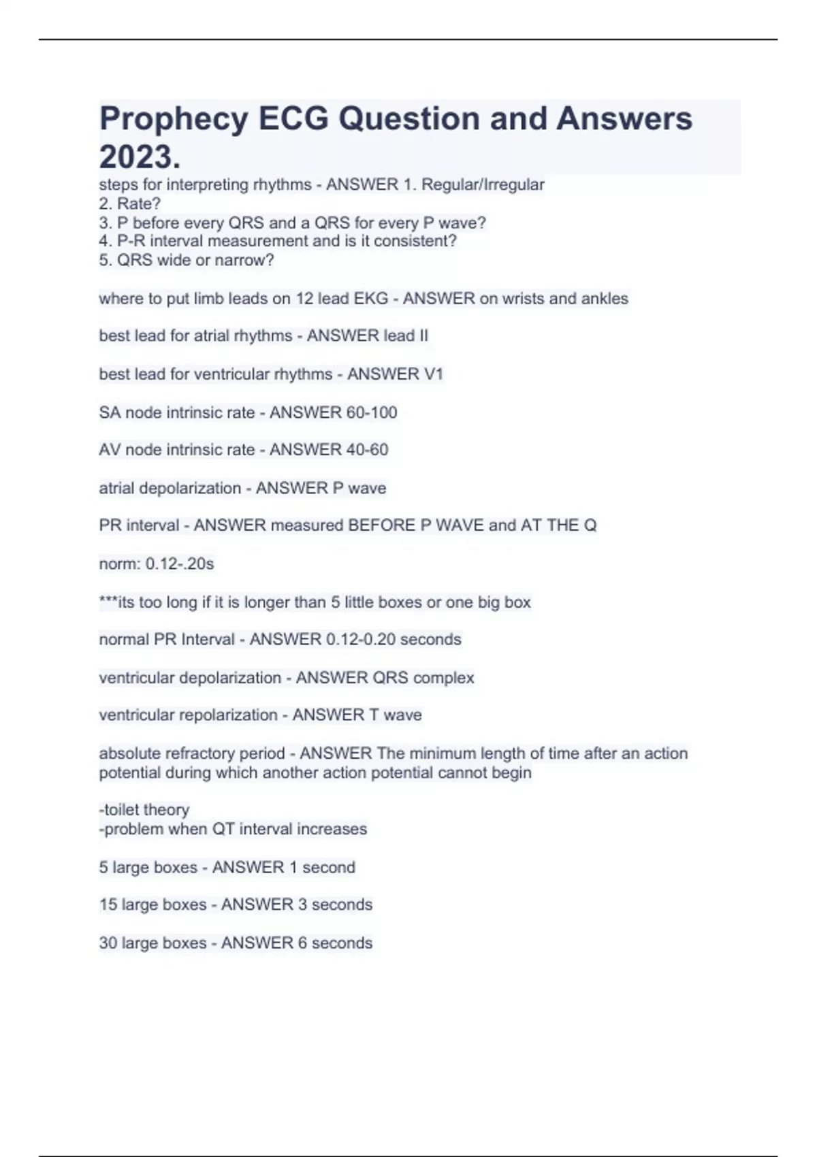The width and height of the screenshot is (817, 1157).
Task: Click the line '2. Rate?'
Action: [130, 203]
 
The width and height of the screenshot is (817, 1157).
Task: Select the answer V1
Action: [434, 374]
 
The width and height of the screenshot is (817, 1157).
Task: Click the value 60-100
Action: [370, 412]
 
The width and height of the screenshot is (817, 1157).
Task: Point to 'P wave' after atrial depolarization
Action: [358, 488]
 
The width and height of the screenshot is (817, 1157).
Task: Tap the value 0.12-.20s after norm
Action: [180, 564]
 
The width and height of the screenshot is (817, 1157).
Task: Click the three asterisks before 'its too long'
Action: [108, 602]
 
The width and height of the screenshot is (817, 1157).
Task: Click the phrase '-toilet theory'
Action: [144, 810]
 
